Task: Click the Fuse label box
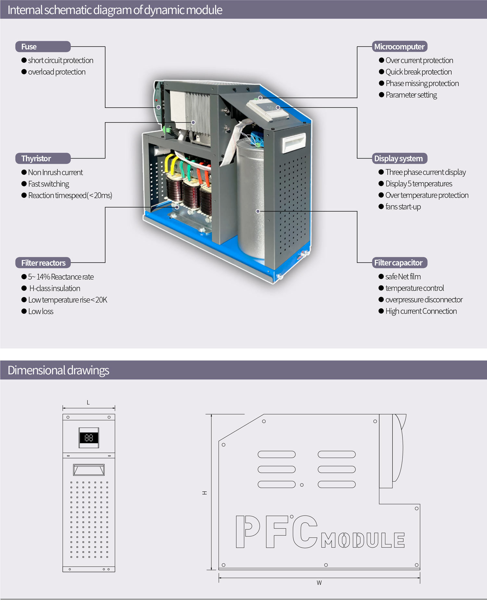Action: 43,46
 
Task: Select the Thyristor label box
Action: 43,158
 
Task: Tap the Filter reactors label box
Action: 43,263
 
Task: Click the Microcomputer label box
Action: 400,46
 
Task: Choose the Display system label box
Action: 400,158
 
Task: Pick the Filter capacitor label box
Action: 400,263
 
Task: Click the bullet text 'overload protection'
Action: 57,72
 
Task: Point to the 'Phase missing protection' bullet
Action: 422,84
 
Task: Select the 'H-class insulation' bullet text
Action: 55,288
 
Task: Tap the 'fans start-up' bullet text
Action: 403,207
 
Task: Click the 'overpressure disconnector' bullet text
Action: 424,299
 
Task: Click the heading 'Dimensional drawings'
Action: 58,370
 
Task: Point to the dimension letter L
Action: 88,403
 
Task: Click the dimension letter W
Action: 319,583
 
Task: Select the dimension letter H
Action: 205,493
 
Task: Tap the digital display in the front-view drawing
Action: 89,438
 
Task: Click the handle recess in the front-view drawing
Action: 89,470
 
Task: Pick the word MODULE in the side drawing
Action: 363,540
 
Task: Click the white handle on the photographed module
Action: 294,142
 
